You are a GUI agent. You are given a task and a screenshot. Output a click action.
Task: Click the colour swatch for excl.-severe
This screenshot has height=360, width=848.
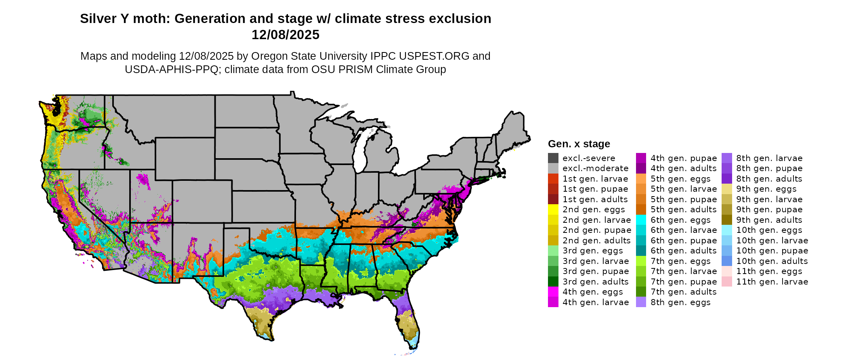click(x=553, y=158)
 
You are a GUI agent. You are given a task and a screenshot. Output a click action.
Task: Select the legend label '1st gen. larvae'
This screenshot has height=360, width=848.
click(x=595, y=179)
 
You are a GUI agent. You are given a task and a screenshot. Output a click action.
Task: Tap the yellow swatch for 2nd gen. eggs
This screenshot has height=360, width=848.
click(x=553, y=209)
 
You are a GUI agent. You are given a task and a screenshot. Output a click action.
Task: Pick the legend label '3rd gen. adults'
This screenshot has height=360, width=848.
click(x=595, y=282)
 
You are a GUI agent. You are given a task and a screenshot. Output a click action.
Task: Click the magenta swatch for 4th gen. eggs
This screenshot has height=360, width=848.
click(x=553, y=292)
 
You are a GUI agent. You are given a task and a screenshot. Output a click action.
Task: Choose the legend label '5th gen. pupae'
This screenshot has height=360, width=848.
click(x=683, y=199)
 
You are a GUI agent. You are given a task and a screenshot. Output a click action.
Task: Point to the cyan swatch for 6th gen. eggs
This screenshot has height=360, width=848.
click(x=641, y=220)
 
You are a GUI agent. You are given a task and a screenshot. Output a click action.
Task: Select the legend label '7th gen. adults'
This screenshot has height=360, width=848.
click(x=683, y=292)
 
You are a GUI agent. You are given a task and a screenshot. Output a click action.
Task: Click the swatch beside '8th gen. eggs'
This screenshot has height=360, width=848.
click(x=641, y=302)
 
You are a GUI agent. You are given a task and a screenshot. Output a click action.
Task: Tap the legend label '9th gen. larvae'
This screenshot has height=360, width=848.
click(x=769, y=199)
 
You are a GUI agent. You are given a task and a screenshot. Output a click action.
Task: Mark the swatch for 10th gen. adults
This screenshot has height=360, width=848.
click(x=727, y=261)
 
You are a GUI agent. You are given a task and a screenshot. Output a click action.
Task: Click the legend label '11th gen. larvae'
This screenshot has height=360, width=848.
click(x=772, y=282)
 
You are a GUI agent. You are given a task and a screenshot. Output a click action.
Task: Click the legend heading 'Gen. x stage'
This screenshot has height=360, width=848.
click(x=579, y=144)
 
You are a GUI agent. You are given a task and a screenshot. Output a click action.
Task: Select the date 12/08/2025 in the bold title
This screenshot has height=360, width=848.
click(x=285, y=35)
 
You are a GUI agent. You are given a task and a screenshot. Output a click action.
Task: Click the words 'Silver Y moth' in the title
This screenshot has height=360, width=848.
click(x=125, y=19)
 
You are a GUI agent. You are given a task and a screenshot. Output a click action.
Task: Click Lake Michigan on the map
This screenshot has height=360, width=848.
click(x=361, y=151)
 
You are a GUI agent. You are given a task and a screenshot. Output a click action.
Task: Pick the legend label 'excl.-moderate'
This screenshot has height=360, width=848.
click(x=595, y=168)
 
